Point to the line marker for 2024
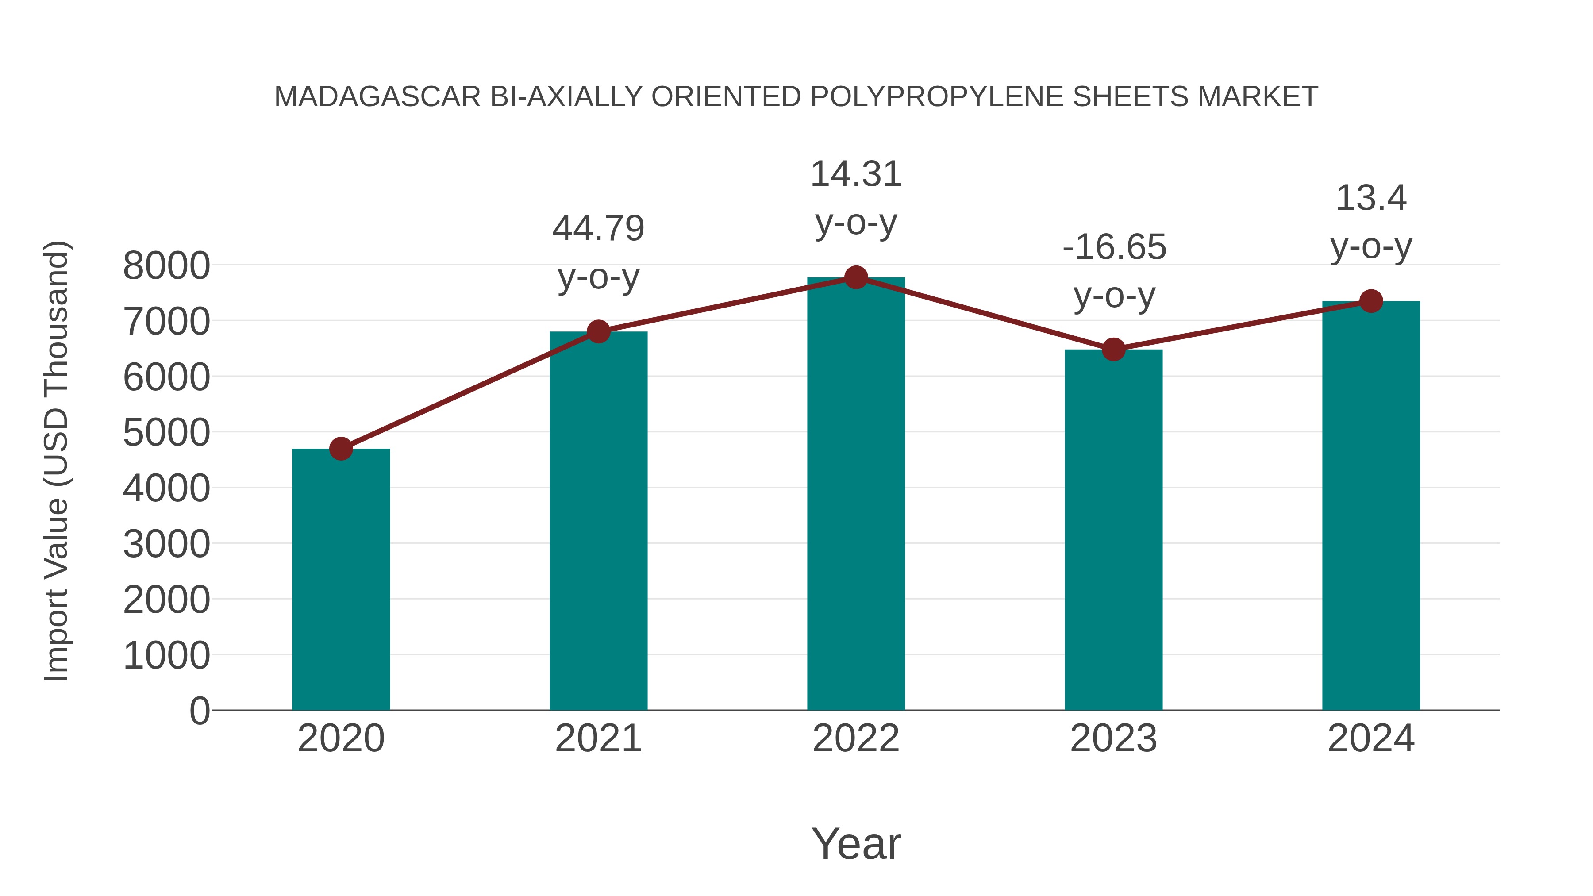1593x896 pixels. (x=1371, y=301)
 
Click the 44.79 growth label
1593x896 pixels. (x=598, y=229)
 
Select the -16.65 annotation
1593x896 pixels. (x=1114, y=247)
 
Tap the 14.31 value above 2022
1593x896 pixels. (x=856, y=174)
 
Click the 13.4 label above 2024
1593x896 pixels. (x=1371, y=199)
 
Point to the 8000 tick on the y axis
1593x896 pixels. (x=166, y=266)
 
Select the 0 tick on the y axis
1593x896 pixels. (x=199, y=711)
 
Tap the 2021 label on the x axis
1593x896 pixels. (x=598, y=738)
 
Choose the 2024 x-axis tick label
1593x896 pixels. (x=1371, y=738)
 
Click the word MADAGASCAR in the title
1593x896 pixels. (x=377, y=97)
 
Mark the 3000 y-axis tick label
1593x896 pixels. (x=166, y=544)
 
